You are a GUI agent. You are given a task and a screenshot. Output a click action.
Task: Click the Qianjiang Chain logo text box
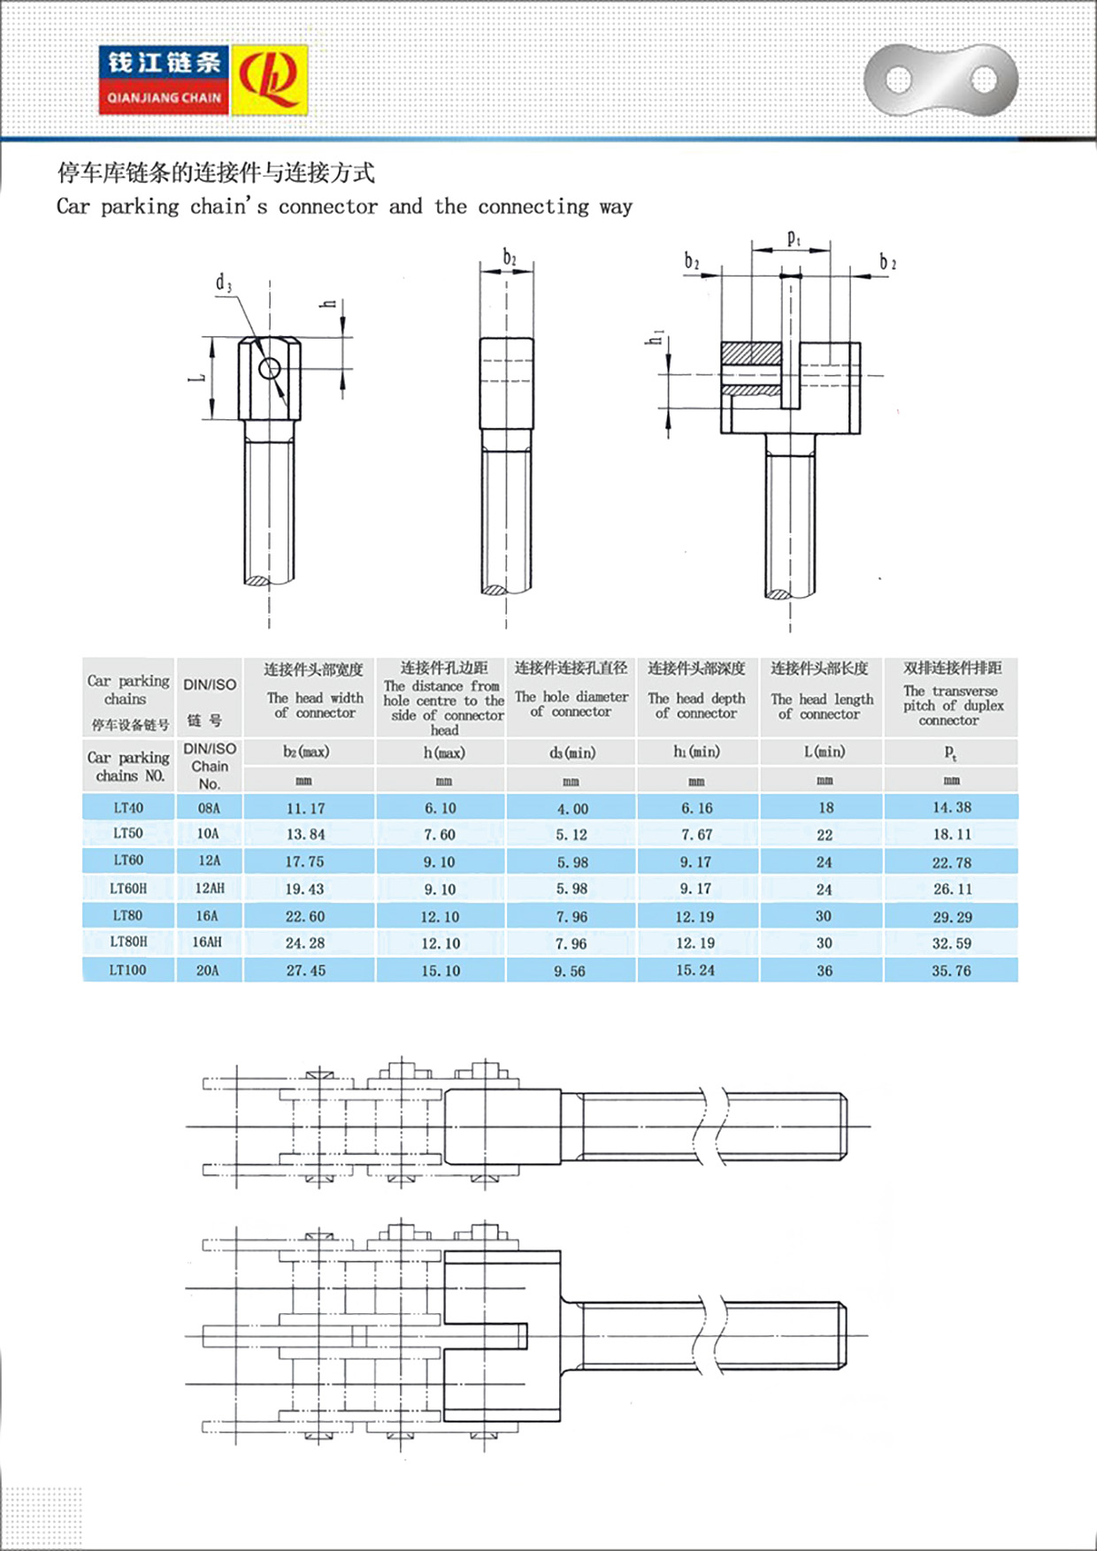coord(164,80)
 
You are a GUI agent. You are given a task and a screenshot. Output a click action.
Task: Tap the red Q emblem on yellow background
coord(269,80)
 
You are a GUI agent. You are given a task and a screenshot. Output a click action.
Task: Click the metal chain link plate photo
coord(940,80)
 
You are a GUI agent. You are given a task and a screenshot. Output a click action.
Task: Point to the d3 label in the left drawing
coord(224,283)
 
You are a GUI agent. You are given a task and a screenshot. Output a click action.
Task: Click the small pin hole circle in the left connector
coord(270,368)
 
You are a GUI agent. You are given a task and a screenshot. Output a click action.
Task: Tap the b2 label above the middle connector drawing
coord(510,257)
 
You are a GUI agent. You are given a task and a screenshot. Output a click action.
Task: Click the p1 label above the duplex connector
coord(794,238)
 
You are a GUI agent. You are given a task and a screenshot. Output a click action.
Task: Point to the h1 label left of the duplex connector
coord(656,337)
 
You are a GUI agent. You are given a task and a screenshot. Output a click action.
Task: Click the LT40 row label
coord(128,807)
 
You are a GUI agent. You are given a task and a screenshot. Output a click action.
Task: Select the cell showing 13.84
coord(305,834)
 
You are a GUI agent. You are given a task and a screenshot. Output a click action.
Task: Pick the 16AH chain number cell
coord(207,943)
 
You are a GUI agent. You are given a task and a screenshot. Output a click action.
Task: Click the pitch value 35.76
coord(951,971)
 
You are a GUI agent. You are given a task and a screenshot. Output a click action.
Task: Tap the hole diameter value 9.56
coord(571,971)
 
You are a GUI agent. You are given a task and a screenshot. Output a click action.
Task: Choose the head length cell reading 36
coord(825,971)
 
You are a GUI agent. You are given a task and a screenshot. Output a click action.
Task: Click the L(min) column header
coord(825,752)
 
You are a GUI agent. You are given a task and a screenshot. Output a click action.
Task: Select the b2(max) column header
coord(306,752)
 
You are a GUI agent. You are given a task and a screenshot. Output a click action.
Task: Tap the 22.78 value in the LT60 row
coord(951,862)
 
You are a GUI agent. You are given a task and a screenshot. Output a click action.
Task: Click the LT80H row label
coord(128,943)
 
